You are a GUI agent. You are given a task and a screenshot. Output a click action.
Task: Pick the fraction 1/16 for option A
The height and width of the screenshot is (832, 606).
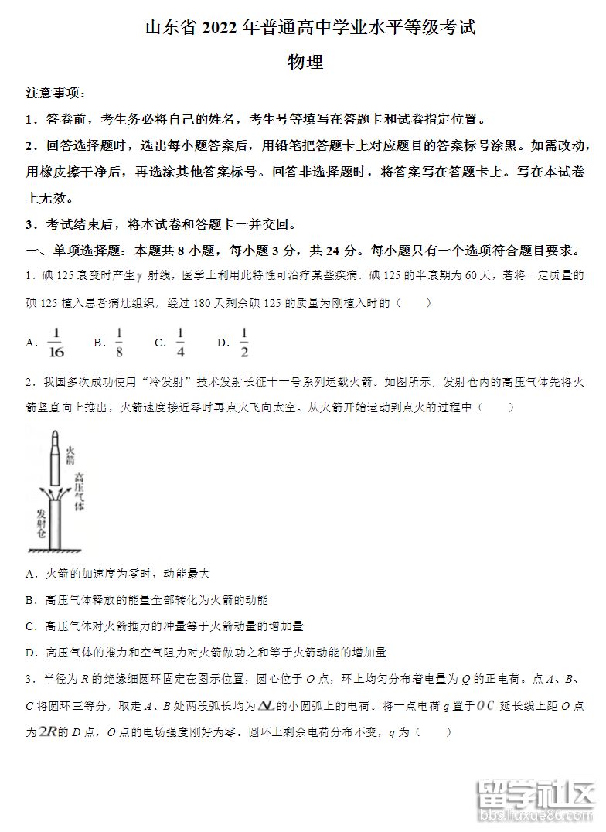click(x=55, y=343)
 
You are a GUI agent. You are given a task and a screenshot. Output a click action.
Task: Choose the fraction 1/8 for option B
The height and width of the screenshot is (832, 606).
click(x=119, y=343)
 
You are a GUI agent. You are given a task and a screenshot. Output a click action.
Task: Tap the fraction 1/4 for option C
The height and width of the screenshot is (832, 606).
click(x=180, y=343)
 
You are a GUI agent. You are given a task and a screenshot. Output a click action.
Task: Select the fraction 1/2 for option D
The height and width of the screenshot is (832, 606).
click(x=243, y=343)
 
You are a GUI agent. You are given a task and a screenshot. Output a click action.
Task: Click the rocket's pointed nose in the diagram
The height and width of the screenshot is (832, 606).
click(x=53, y=432)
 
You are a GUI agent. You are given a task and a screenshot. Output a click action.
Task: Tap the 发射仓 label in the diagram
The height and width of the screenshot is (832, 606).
click(x=41, y=525)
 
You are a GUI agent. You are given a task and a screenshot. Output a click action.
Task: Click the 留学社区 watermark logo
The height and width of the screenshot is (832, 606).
click(x=533, y=796)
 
